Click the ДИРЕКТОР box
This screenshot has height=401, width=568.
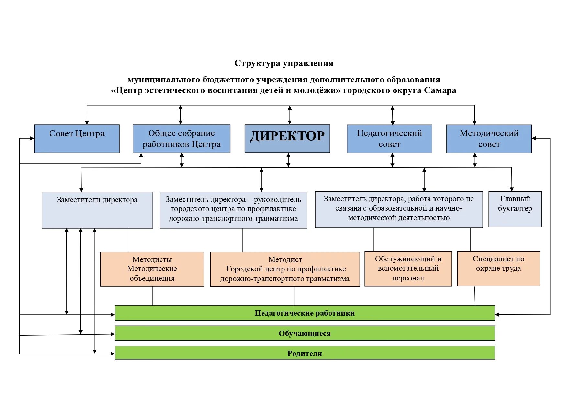click(x=287, y=138)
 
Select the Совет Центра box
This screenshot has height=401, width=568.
click(x=77, y=138)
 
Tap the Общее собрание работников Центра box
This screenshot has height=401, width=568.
click(x=181, y=139)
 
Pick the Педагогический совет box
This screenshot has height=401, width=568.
click(x=389, y=139)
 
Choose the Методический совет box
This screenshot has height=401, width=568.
click(x=489, y=139)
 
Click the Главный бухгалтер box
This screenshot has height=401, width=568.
click(x=515, y=209)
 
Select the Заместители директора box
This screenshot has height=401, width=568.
click(x=97, y=210)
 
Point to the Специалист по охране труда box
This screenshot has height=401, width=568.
click(x=498, y=269)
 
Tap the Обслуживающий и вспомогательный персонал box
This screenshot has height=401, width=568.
click(x=408, y=269)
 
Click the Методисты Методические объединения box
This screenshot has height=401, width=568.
click(x=152, y=269)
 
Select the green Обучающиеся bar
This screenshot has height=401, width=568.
click(x=305, y=333)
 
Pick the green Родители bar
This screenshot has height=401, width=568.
click(x=305, y=353)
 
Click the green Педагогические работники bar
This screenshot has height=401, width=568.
click(x=305, y=313)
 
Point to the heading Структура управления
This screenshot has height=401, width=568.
click(x=284, y=63)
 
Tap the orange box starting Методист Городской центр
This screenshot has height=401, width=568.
click(x=285, y=269)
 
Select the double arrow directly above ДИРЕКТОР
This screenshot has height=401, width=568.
click(x=290, y=115)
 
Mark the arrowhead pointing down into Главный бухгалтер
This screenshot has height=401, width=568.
click(x=512, y=189)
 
